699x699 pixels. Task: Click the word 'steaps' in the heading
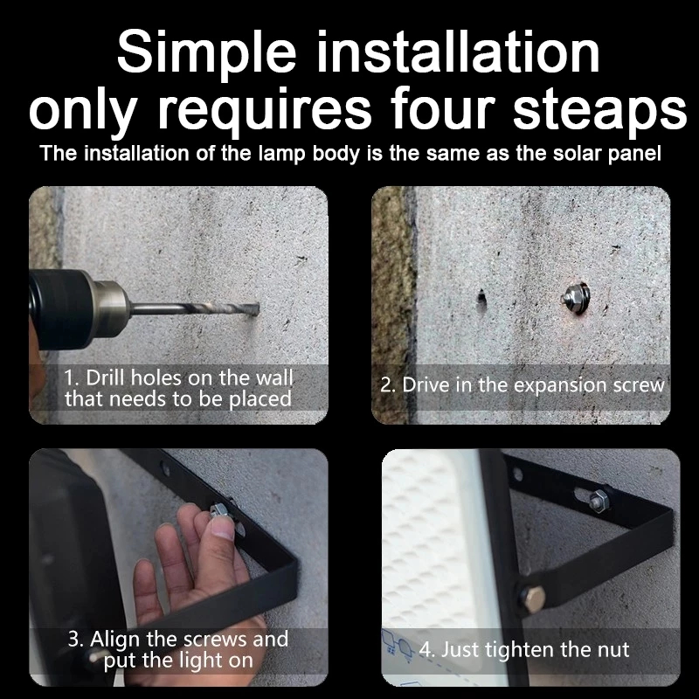click(x=600, y=108)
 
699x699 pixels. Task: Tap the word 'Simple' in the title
click(x=206, y=53)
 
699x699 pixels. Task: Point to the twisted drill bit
click(x=196, y=308)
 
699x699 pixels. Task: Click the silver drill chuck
click(x=109, y=309)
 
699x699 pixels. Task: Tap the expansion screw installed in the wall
click(x=577, y=295)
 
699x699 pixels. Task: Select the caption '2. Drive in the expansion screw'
click(x=522, y=385)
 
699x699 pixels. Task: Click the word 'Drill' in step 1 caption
click(x=105, y=377)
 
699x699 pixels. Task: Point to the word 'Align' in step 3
click(x=114, y=640)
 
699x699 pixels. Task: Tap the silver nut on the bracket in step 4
click(x=598, y=500)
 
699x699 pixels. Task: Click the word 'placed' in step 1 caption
click(x=260, y=399)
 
